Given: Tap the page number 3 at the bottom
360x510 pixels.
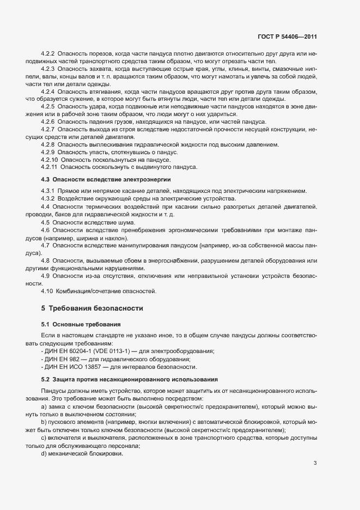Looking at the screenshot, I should [315, 448].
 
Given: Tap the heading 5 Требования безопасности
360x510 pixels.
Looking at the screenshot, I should [92, 308].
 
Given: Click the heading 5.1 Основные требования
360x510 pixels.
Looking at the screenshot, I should [77, 324].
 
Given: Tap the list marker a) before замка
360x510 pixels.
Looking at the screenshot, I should [44, 406].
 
